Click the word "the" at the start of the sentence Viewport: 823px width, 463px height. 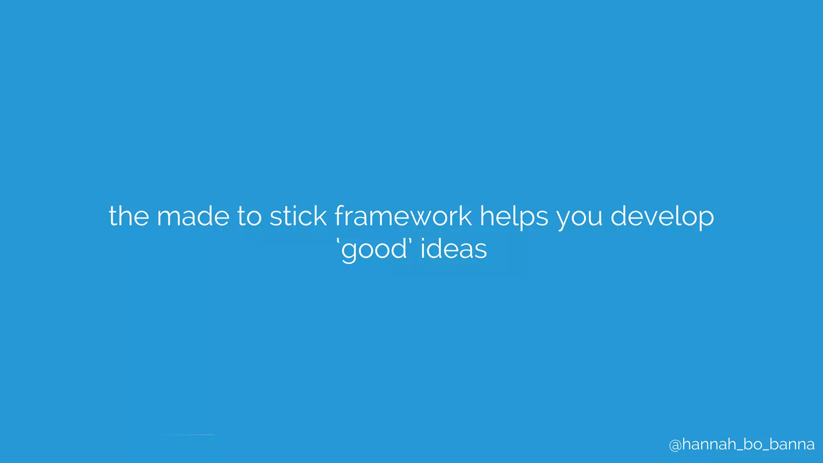pos(129,216)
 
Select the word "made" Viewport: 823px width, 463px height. pos(193,216)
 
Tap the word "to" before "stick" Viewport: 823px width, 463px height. pos(249,216)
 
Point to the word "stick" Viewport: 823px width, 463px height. pos(298,216)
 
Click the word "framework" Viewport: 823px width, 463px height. pos(403,216)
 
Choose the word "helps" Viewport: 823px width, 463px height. pos(514,216)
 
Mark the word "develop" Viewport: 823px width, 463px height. pos(662,216)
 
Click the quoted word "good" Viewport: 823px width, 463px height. pos(374,249)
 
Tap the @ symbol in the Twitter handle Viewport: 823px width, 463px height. pos(675,445)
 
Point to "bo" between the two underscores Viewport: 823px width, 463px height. pos(749,444)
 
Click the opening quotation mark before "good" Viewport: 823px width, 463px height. pos(338,241)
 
